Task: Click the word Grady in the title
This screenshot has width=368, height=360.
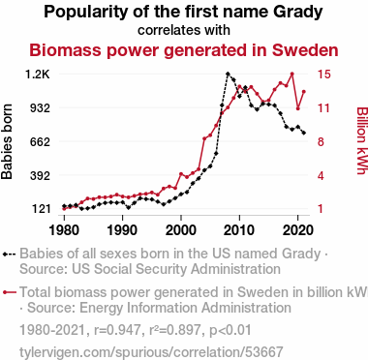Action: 297,13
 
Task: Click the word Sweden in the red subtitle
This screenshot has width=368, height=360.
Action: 305,50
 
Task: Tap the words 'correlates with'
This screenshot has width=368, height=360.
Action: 184,30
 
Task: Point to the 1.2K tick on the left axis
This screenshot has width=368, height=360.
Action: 38,75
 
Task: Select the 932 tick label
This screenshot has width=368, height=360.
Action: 40,107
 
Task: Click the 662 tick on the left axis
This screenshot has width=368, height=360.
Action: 40,141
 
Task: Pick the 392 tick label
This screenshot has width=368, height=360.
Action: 40,175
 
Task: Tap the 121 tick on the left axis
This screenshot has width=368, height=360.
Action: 41,209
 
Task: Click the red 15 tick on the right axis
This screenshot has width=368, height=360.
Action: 323,75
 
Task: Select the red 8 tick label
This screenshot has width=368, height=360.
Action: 321,141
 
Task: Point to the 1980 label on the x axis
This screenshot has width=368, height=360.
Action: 64,230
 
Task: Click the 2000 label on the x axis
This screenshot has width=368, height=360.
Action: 181,230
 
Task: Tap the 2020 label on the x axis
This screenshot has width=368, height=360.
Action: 297,230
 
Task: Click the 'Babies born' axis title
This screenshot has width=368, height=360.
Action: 7,141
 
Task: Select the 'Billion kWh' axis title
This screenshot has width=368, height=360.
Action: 361,140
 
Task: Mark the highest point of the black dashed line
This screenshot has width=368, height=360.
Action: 228,74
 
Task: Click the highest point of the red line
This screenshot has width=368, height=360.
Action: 292,74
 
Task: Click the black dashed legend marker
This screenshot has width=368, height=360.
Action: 10,255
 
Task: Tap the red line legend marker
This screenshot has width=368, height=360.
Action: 10,292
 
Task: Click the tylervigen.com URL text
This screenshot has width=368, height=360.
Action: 151,352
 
